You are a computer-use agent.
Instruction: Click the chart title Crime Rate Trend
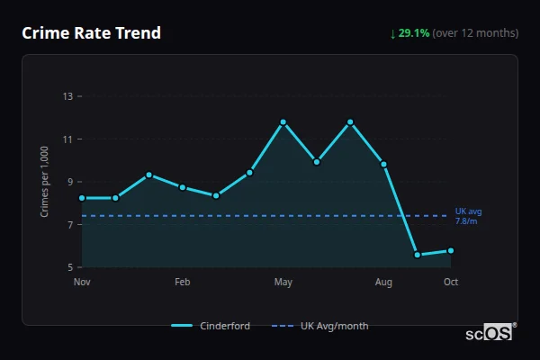[x=92, y=33]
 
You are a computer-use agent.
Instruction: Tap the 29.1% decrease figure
[x=413, y=33]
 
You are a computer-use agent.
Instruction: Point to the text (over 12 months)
[x=475, y=33]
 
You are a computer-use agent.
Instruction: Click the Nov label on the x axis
[x=82, y=283]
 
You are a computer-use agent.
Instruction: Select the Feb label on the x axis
[x=183, y=283]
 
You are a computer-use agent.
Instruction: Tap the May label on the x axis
[x=283, y=283]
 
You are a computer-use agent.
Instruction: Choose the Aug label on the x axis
[x=384, y=283]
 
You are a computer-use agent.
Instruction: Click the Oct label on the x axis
[x=451, y=283]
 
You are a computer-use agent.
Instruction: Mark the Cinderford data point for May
[x=283, y=121]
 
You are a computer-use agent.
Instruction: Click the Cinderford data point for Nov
[x=82, y=198]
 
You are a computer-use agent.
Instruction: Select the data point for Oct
[x=451, y=250]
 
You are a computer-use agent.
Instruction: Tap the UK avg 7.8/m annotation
[x=467, y=216]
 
